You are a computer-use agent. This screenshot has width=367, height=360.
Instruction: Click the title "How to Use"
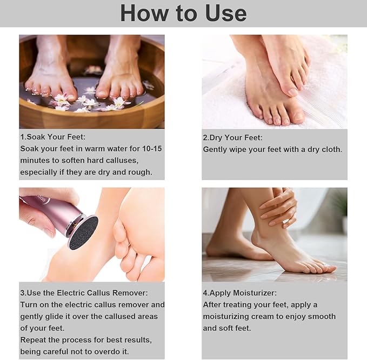point(183,13)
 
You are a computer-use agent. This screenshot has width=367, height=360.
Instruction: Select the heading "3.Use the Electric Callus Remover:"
point(84,292)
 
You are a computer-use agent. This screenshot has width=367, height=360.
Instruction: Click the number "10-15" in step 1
point(150,149)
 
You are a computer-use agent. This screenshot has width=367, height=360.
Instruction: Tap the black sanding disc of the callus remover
point(83,232)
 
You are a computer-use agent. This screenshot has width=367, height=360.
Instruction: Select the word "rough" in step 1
point(139,172)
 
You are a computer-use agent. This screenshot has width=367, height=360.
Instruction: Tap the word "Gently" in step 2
point(216,149)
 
